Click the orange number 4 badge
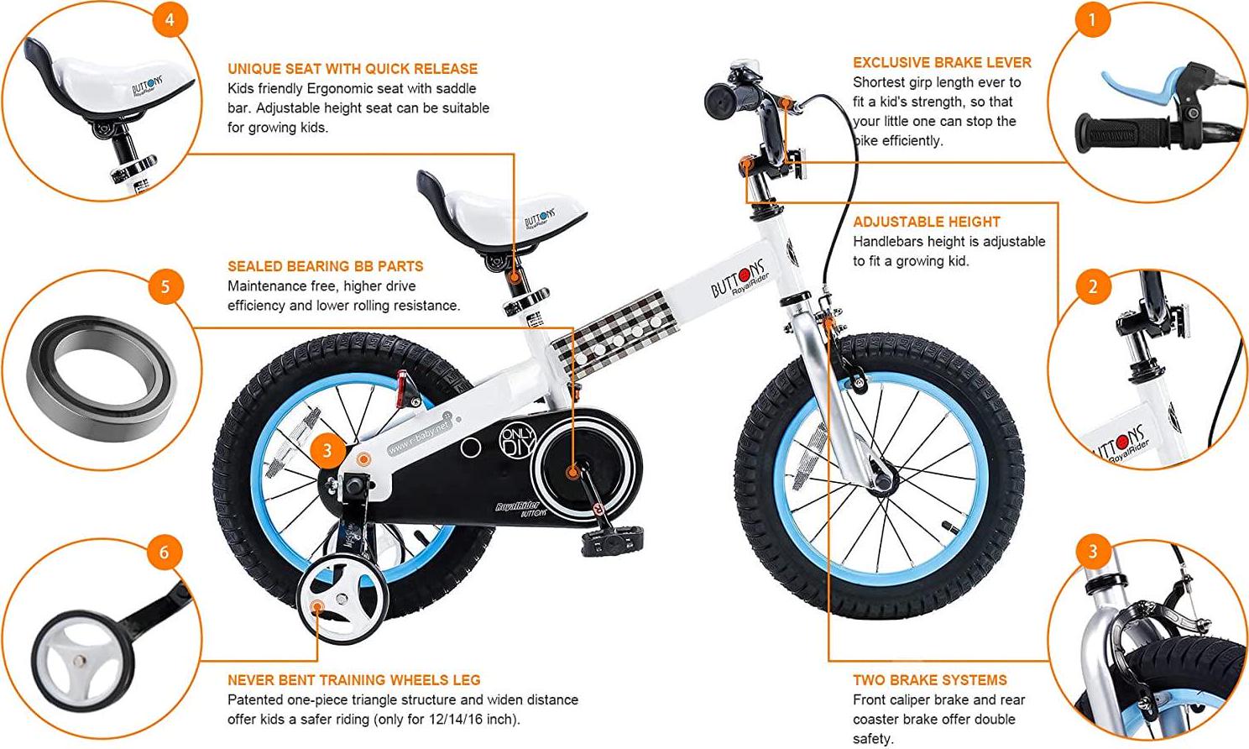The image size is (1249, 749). coord(170,19)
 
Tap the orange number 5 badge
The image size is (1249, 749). coord(165,286)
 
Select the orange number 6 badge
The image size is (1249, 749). coord(164,552)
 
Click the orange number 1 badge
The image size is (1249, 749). coord(1092,19)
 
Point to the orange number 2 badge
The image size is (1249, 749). coord(1092,287)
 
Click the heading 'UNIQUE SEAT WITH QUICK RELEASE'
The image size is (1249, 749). coord(353,69)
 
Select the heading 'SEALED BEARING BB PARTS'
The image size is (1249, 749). coord(325,266)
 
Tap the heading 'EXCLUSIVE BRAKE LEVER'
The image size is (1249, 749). coord(942,62)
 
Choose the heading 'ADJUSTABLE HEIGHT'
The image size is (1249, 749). coord(927,222)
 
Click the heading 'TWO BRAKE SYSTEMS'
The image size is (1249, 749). coord(929,680)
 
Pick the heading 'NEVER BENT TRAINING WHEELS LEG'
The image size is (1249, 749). coord(353,680)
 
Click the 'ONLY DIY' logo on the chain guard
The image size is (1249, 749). coord(517,441)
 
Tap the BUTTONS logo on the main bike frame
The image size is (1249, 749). coord(739,278)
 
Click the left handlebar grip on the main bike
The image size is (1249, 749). coord(720,101)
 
